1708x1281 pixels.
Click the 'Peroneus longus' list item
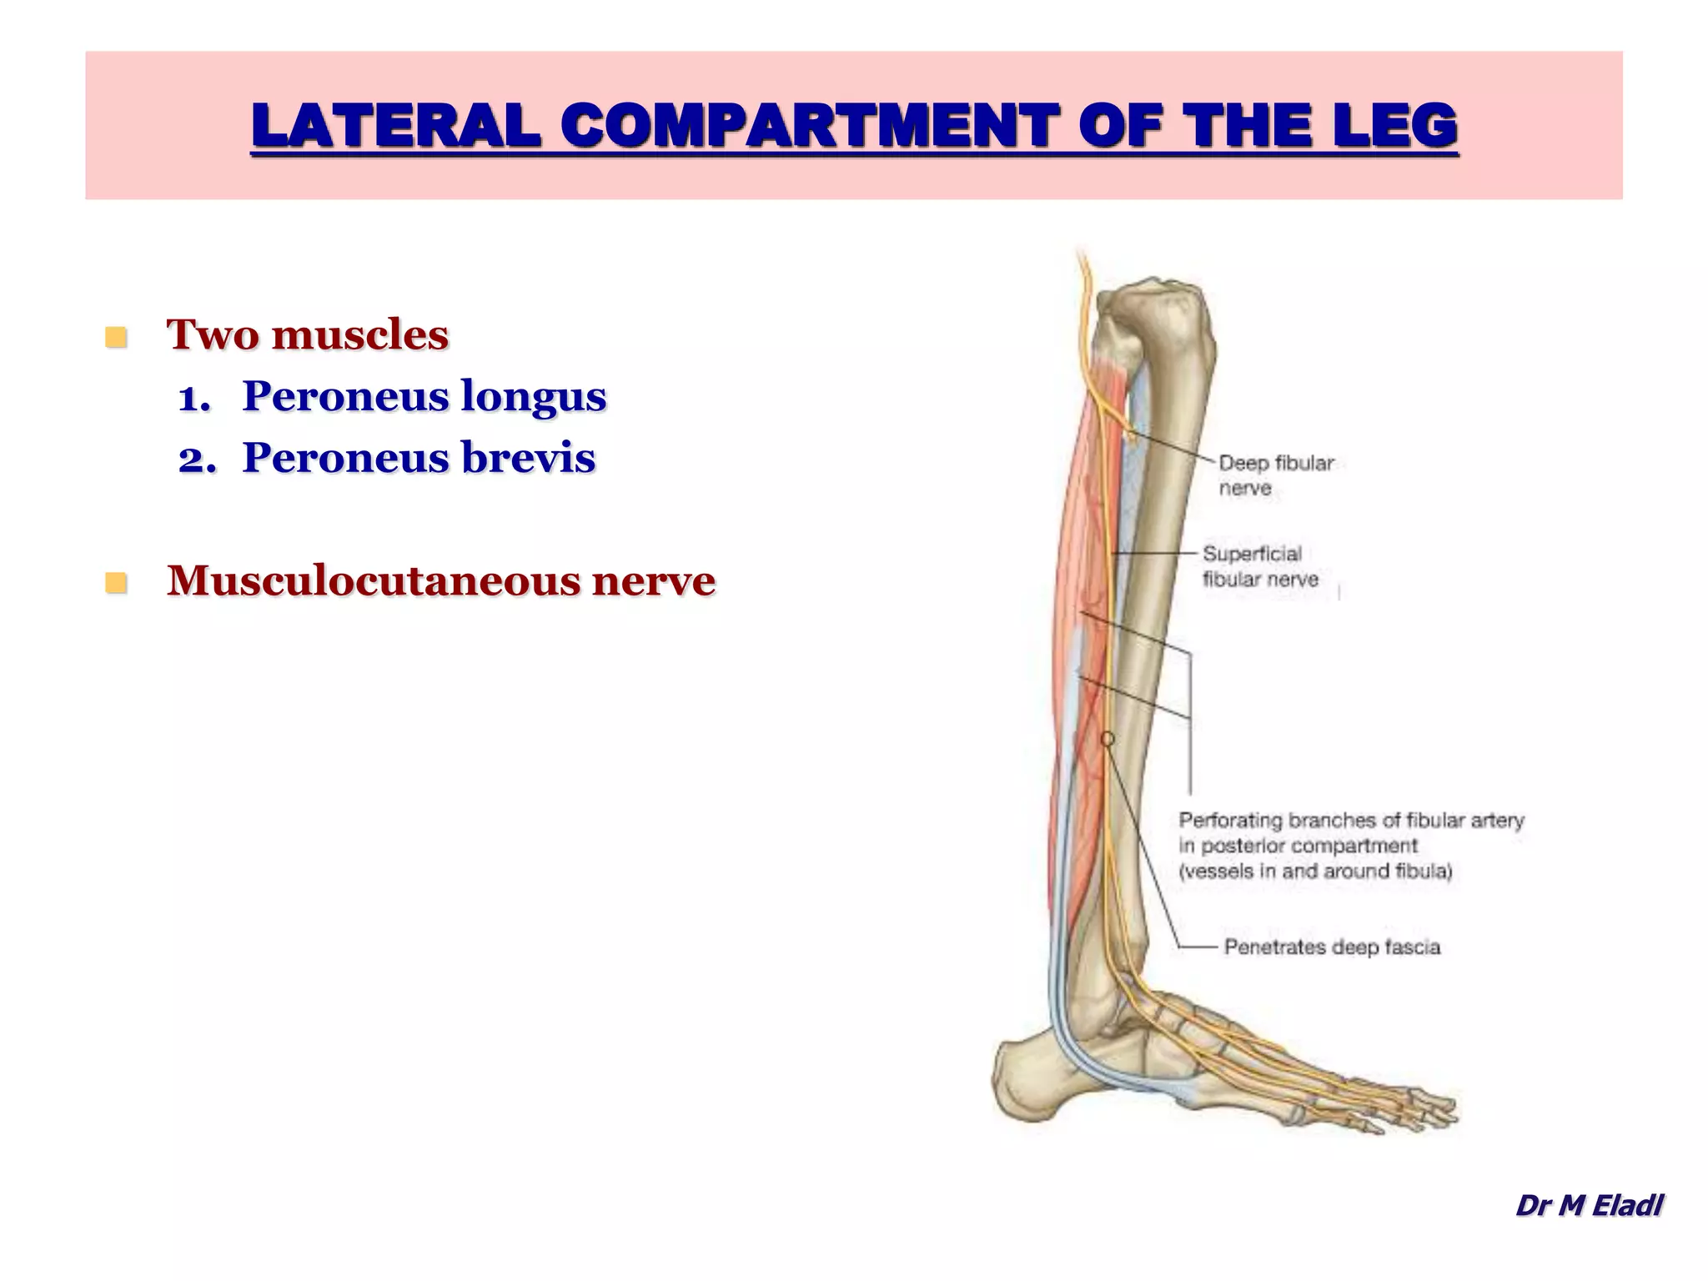pos(424,396)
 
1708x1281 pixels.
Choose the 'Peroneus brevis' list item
pos(419,458)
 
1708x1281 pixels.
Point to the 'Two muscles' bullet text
pos(308,335)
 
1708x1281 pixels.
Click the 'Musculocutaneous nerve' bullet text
pos(440,580)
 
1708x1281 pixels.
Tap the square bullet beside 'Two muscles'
pos(116,337)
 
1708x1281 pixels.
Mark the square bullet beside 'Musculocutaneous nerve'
pos(116,582)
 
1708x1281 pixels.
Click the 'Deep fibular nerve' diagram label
pos(1275,475)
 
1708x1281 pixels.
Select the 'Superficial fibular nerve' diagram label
pos(1259,566)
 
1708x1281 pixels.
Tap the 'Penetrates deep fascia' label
pos(1331,947)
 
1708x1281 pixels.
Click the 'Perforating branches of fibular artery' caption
pos(1350,846)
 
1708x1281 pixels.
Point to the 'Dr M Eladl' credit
pos(1589,1205)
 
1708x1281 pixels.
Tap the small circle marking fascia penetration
pos(1108,739)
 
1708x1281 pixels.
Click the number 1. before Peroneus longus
pos(195,398)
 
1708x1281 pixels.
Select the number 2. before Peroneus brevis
pos(197,460)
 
